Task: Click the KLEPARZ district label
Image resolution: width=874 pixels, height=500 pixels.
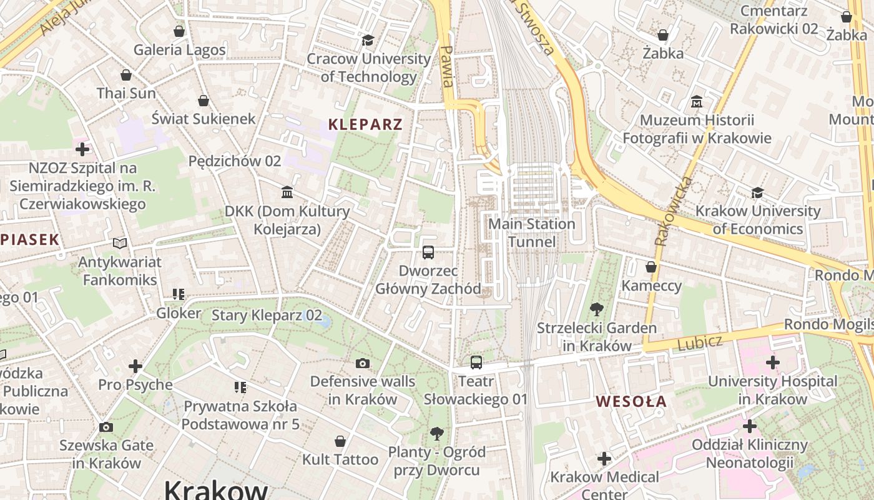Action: (365, 124)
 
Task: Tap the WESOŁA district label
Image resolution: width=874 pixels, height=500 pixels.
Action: (631, 401)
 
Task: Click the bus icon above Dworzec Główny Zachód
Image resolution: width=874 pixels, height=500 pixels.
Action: (428, 252)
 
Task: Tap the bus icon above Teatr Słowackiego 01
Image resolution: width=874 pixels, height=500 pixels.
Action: (476, 362)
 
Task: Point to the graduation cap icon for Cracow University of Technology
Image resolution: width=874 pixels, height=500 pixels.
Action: (368, 41)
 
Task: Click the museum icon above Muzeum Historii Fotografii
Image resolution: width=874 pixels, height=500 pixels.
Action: (697, 101)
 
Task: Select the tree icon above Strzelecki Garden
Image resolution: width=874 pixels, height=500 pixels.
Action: (596, 309)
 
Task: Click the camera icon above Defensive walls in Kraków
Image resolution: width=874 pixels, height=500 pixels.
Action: (362, 363)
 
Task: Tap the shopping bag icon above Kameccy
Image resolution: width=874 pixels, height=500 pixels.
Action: (651, 267)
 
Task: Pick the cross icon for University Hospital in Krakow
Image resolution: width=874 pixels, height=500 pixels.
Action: (772, 362)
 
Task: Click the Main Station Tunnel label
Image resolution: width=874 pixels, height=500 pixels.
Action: (531, 232)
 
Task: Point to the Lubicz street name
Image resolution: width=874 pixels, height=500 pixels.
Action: (699, 342)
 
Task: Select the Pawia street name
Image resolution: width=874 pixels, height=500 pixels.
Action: (446, 66)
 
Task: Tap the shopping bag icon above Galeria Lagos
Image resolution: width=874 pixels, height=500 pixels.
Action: (179, 31)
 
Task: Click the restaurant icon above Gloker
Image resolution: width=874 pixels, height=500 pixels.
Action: (179, 294)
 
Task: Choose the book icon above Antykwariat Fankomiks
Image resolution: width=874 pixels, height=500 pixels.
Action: (120, 243)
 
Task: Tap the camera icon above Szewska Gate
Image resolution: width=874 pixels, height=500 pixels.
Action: (106, 427)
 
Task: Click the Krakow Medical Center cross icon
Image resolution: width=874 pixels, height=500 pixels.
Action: (604, 459)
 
